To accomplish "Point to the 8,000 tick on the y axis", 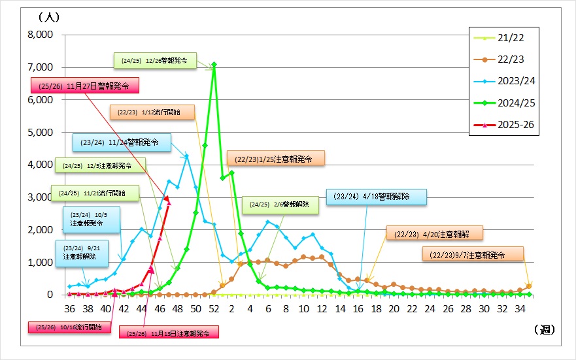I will pyautogui.click(x=39, y=35).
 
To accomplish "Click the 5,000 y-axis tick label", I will pyautogui.click(x=39, y=133).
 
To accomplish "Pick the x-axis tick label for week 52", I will pyautogui.click(x=213, y=308).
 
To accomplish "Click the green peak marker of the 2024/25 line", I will pyautogui.click(x=214, y=64).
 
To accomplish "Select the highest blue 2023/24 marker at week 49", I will pyautogui.click(x=186, y=156).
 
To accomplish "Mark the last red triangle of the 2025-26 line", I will pyautogui.click(x=168, y=201).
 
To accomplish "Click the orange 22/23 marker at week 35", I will pyautogui.click(x=528, y=286).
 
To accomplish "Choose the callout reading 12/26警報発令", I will pyautogui.click(x=154, y=60).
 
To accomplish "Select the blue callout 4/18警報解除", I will pyautogui.click(x=376, y=197).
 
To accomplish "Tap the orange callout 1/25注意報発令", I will pyautogui.click(x=275, y=158).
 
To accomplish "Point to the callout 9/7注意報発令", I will pyautogui.click(x=473, y=255).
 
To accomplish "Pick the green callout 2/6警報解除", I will pyautogui.click(x=279, y=205).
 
